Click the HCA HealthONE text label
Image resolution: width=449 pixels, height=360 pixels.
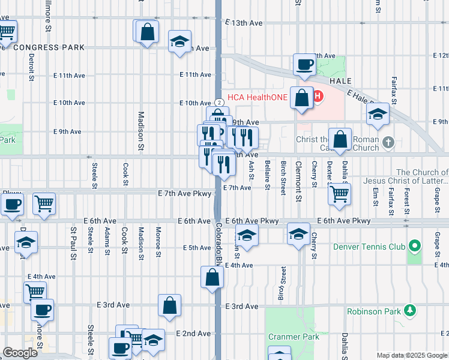257,96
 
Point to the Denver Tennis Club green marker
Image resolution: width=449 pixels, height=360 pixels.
413,246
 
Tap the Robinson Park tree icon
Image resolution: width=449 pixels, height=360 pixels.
410,310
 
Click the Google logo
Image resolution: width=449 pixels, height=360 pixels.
20,353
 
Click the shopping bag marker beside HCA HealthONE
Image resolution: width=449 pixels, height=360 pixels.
301,97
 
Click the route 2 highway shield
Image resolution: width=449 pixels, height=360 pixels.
220,103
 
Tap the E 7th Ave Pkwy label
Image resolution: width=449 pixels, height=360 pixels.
185,193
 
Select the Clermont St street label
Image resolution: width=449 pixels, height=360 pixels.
297,173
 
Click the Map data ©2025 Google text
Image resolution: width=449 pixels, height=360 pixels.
412,355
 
